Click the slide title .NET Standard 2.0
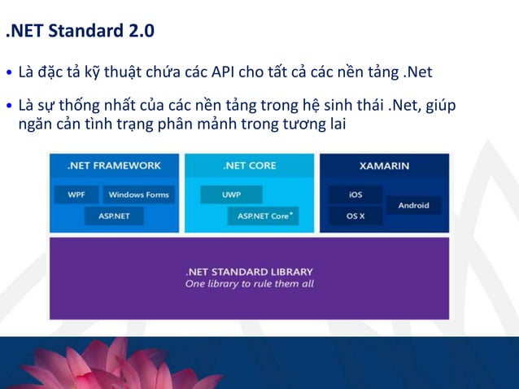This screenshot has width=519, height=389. pos(79,33)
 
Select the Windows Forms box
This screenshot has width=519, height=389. pos(138,194)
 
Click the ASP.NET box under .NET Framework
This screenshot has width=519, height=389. pos(113,216)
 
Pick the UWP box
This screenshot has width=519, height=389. pos(231,194)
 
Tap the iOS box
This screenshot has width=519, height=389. pos(355,194)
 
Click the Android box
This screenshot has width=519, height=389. pos(413,205)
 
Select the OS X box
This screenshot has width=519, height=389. pos(355,216)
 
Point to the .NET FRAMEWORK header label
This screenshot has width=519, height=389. pos(114,165)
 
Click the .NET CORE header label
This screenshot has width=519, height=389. pos(249,165)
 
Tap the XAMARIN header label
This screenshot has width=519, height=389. pos(384,165)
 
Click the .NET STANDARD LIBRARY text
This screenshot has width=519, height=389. pos(249,271)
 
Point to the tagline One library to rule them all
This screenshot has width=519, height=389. pos(249,284)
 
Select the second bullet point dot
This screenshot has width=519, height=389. pos(9,107)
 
